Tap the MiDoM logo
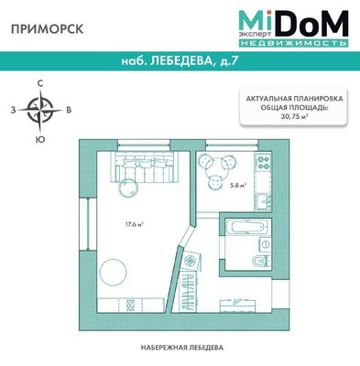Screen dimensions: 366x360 (x=293, y=27)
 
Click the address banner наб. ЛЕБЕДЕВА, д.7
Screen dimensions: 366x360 (x=180, y=62)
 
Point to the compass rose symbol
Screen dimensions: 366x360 (x=39, y=111)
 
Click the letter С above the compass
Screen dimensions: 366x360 (x=39, y=83)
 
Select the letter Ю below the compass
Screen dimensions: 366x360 (x=39, y=139)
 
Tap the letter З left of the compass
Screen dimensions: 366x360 (x=12, y=111)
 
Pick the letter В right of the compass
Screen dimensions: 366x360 (x=70, y=111)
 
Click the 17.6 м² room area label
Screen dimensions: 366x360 (x=132, y=222)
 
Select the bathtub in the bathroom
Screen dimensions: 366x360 (x=243, y=228)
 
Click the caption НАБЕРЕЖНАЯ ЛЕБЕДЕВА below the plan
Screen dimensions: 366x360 (x=182, y=349)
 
